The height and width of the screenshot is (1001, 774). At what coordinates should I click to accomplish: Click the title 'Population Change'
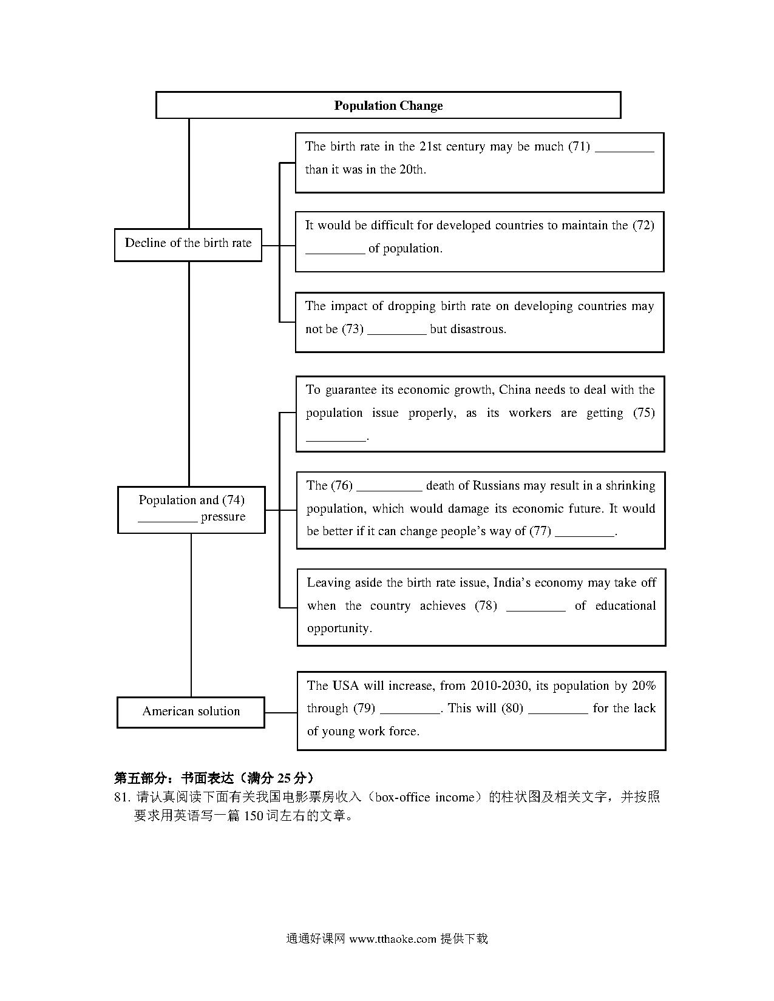(x=388, y=106)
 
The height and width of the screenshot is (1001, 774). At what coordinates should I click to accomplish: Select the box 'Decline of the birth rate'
(x=188, y=244)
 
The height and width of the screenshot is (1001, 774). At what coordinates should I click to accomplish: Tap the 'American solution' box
(x=191, y=712)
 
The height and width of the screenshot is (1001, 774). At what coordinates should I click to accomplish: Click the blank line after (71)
(x=625, y=151)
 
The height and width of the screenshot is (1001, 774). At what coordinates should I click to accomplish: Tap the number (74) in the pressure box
(x=233, y=500)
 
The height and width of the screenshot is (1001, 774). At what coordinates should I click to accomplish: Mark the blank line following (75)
(x=336, y=440)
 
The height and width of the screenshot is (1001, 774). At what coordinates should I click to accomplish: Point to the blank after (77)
(x=585, y=536)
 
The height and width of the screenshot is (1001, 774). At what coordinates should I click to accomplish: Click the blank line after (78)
(x=535, y=610)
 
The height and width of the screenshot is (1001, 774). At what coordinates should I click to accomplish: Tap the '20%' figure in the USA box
(x=643, y=686)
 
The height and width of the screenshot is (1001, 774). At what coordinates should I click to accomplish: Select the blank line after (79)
(x=410, y=713)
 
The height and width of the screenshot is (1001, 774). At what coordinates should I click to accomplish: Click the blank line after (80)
(x=558, y=713)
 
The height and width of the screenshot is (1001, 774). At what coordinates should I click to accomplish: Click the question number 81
(x=121, y=797)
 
